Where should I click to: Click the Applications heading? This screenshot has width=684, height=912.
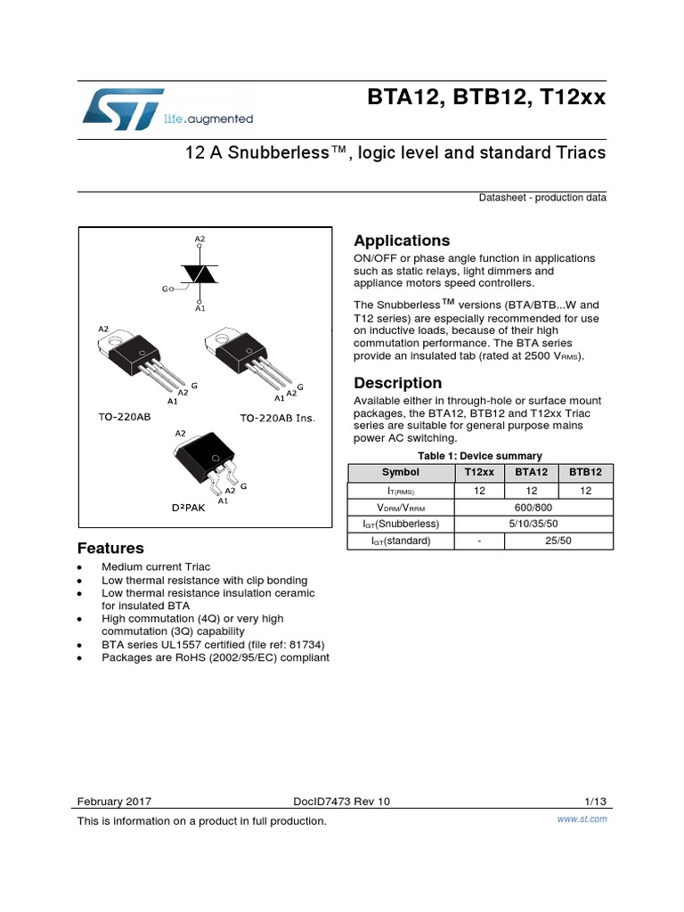pos(402,241)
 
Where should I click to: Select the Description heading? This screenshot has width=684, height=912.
pos(397,383)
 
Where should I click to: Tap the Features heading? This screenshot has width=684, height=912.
pos(110,548)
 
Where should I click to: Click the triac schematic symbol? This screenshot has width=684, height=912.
pos(200,274)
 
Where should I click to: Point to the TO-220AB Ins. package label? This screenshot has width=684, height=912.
pos(278,418)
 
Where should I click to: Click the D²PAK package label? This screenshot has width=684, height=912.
pos(188,507)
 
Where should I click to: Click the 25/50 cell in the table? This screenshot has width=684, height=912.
pos(558,540)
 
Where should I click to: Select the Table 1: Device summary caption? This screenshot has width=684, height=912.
pos(476,455)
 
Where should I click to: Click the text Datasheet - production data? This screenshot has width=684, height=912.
pos(542,198)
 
